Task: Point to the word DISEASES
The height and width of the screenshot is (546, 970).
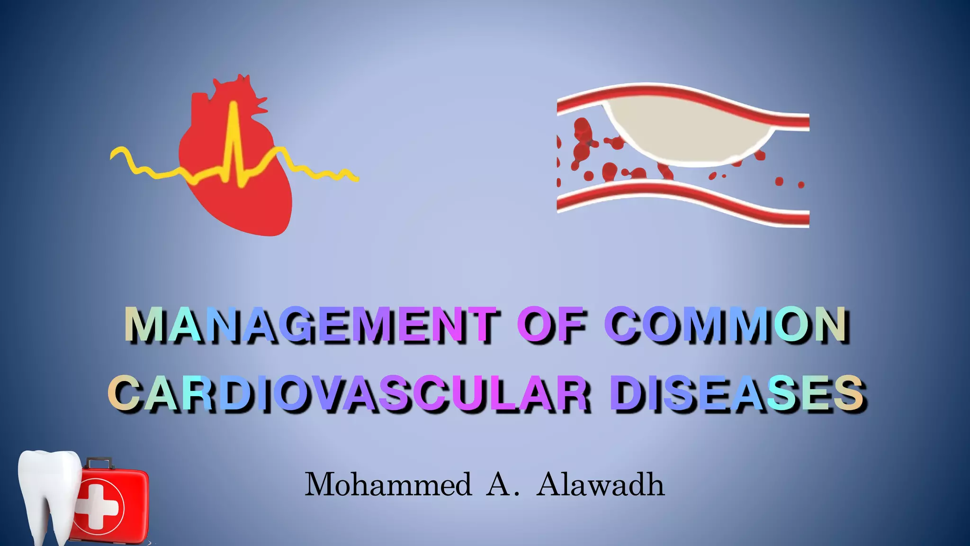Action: coord(736,393)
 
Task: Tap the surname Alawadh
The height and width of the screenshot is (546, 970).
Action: coord(601,485)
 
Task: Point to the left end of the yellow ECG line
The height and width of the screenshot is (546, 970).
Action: coord(114,155)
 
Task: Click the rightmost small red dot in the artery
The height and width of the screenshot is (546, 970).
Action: coord(801,185)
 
